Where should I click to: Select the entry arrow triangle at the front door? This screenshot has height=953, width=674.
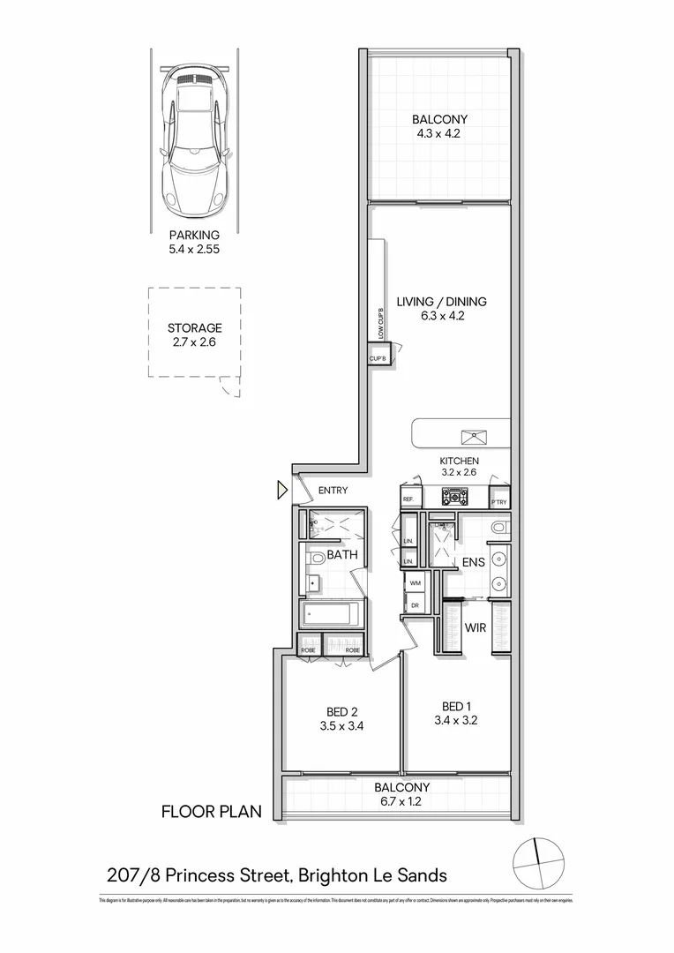pyautogui.click(x=282, y=490)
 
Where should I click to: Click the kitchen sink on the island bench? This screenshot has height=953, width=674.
pyautogui.click(x=475, y=434)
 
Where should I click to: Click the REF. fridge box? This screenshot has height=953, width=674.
pyautogui.click(x=409, y=499)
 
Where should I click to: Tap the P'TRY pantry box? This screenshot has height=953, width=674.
pyautogui.click(x=499, y=499)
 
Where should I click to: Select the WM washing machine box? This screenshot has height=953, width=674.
pyautogui.click(x=415, y=583)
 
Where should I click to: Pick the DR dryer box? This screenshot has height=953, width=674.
pyautogui.click(x=415, y=604)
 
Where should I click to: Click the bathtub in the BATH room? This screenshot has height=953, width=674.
pyautogui.click(x=333, y=614)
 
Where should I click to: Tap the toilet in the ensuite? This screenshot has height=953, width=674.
pyautogui.click(x=500, y=528)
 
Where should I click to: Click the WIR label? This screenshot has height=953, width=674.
pyautogui.click(x=476, y=628)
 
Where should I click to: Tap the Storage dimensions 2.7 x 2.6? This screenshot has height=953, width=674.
pyautogui.click(x=194, y=342)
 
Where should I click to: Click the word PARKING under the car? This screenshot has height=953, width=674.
pyautogui.click(x=194, y=236)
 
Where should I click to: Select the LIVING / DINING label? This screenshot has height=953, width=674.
pyautogui.click(x=441, y=302)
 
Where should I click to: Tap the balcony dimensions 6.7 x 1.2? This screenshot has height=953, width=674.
pyautogui.click(x=401, y=802)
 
